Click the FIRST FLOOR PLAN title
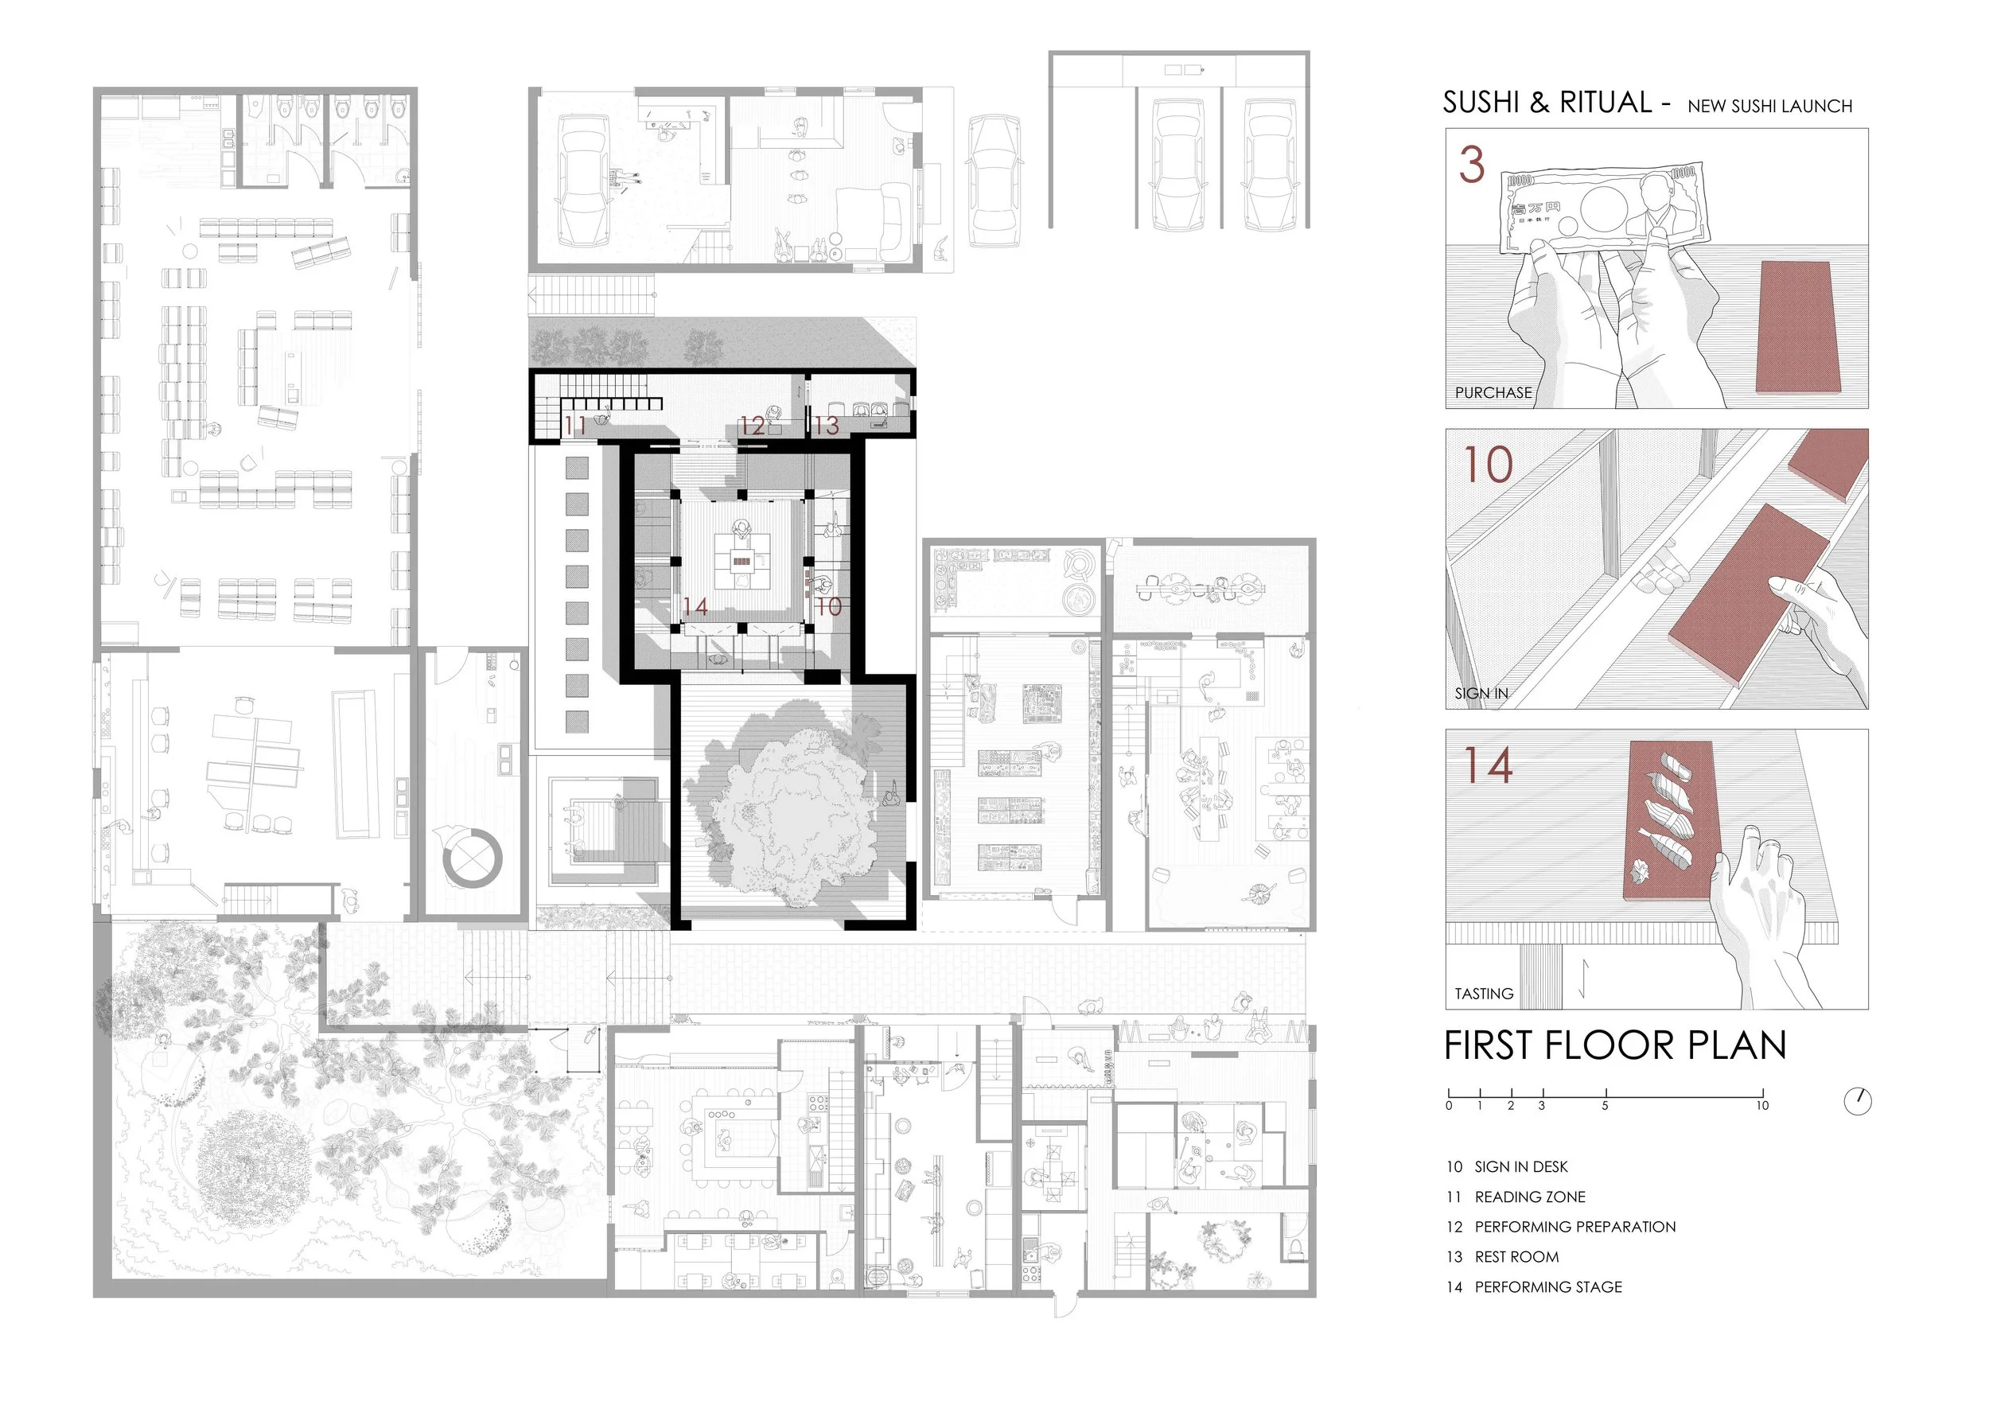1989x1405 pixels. click(x=1615, y=1045)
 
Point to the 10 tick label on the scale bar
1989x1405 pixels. click(x=1762, y=1106)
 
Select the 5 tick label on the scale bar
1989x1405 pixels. click(x=1606, y=1106)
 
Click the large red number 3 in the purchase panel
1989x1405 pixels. click(x=1472, y=165)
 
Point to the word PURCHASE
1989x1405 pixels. click(x=1493, y=392)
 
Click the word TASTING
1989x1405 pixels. click(x=1484, y=994)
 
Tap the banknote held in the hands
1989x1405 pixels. click(x=1606, y=208)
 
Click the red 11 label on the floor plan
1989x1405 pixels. click(x=575, y=426)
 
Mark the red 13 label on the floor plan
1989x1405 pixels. click(x=826, y=426)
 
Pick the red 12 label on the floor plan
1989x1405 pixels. click(x=752, y=426)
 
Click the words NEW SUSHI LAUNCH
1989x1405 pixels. click(x=1770, y=107)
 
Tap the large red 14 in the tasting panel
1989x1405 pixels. click(x=1489, y=765)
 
